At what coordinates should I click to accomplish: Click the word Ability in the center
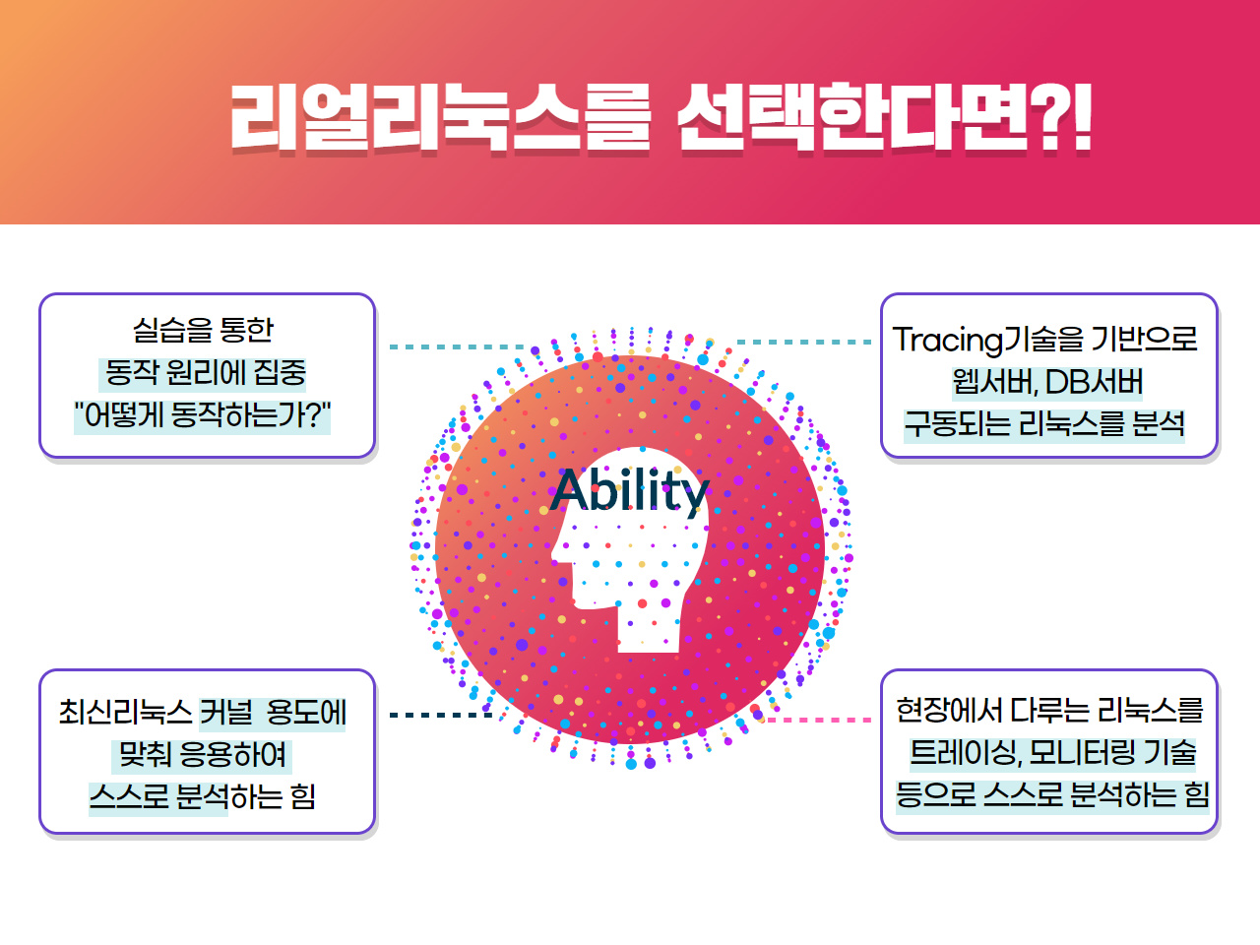pyautogui.click(x=630, y=491)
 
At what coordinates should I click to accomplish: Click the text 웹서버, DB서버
pyautogui.click(x=1047, y=382)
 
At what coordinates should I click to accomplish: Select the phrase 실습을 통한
pyautogui.click(x=203, y=330)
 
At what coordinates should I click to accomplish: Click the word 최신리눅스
pyautogui.click(x=125, y=713)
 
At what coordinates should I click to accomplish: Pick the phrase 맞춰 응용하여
pyautogui.click(x=202, y=754)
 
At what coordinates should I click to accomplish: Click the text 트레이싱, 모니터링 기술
pyautogui.click(x=1052, y=753)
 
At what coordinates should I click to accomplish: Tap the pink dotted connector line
pyautogui.click(x=819, y=720)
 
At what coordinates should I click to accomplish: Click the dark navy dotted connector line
pyautogui.click(x=441, y=715)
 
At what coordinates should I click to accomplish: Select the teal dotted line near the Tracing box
pyautogui.click(x=804, y=342)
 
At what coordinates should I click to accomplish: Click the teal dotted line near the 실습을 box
pyautogui.click(x=457, y=347)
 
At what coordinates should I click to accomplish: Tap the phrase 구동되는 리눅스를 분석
pyautogui.click(x=1044, y=424)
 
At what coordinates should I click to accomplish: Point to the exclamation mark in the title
pyautogui.click(x=1081, y=117)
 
